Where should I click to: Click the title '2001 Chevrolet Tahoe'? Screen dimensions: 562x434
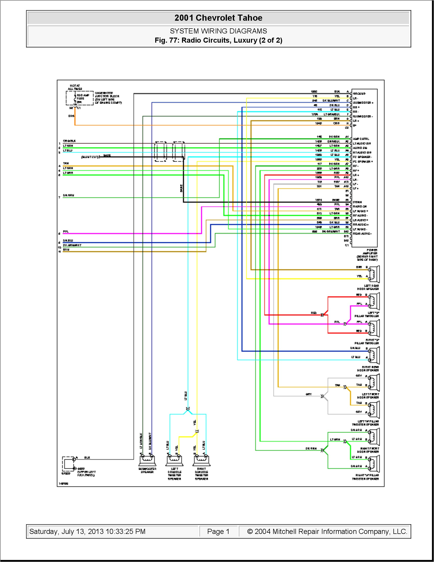pyautogui.click(x=218, y=18)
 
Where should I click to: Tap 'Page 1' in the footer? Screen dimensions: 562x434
pyautogui.click(x=218, y=531)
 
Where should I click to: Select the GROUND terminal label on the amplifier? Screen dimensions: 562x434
pyautogui.click(x=359, y=94)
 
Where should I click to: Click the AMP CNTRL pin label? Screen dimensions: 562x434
pyautogui.click(x=361, y=139)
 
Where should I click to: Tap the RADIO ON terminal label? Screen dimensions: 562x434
pyautogui.click(x=360, y=206)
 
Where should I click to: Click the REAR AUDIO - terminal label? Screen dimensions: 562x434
pyautogui.click(x=362, y=234)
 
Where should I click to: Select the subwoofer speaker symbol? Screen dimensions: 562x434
pyautogui.click(x=147, y=460)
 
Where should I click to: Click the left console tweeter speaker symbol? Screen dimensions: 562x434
pyautogui.click(x=175, y=460)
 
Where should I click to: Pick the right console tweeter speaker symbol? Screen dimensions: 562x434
pyautogui.click(x=201, y=460)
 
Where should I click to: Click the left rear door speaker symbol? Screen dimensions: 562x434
pyautogui.click(x=374, y=274)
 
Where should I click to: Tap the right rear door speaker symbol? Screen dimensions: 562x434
pyautogui.click(x=374, y=355)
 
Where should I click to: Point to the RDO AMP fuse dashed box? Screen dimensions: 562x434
pyautogui.click(x=79, y=98)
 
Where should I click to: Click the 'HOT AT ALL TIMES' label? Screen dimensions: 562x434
pyautogui.click(x=75, y=87)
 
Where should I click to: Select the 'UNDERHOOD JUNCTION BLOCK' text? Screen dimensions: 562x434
pyautogui.click(x=107, y=95)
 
